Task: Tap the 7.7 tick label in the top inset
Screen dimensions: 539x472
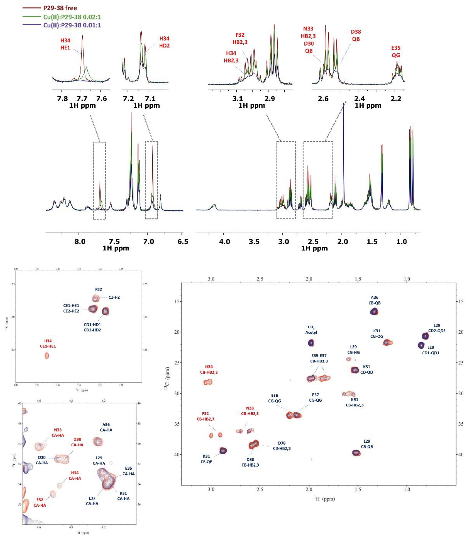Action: click(82, 99)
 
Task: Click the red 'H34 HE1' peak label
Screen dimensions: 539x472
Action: click(65, 44)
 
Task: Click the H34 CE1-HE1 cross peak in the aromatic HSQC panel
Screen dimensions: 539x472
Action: click(47, 356)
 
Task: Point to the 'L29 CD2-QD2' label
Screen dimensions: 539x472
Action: click(437, 328)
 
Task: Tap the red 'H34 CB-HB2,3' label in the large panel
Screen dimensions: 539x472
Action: click(209, 370)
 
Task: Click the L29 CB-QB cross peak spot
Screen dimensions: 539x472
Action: click(356, 453)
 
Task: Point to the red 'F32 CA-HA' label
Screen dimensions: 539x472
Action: click(40, 502)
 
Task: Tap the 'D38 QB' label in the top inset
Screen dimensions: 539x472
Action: click(356, 35)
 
